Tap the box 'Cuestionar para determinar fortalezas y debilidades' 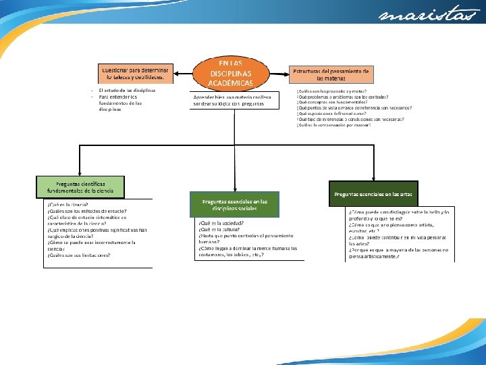pyautogui.click(x=136, y=73)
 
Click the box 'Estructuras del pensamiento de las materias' pyautogui.click(x=331, y=74)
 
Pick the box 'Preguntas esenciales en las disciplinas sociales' pyautogui.click(x=234, y=204)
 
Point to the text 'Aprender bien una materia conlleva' pyautogui.click(x=232, y=97)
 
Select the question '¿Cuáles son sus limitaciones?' pyautogui.click(x=79, y=255)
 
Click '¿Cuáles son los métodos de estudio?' pyautogui.click(x=87, y=211)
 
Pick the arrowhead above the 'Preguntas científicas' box pyautogui.click(x=81, y=172)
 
